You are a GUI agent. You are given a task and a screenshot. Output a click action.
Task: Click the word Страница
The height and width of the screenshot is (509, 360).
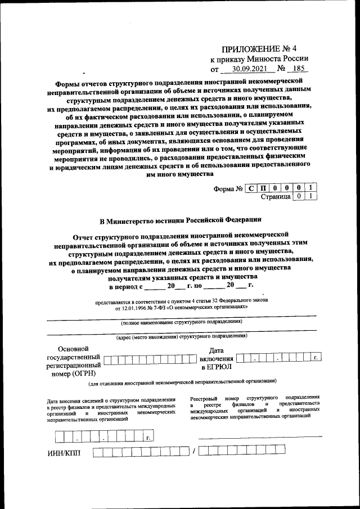point(276,197)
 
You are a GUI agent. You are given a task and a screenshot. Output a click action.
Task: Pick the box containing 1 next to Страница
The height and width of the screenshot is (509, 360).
point(310,197)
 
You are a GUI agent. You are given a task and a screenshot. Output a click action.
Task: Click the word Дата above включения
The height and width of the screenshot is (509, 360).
point(216,350)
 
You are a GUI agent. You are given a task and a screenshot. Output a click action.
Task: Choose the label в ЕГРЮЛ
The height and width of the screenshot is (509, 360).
point(216,367)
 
